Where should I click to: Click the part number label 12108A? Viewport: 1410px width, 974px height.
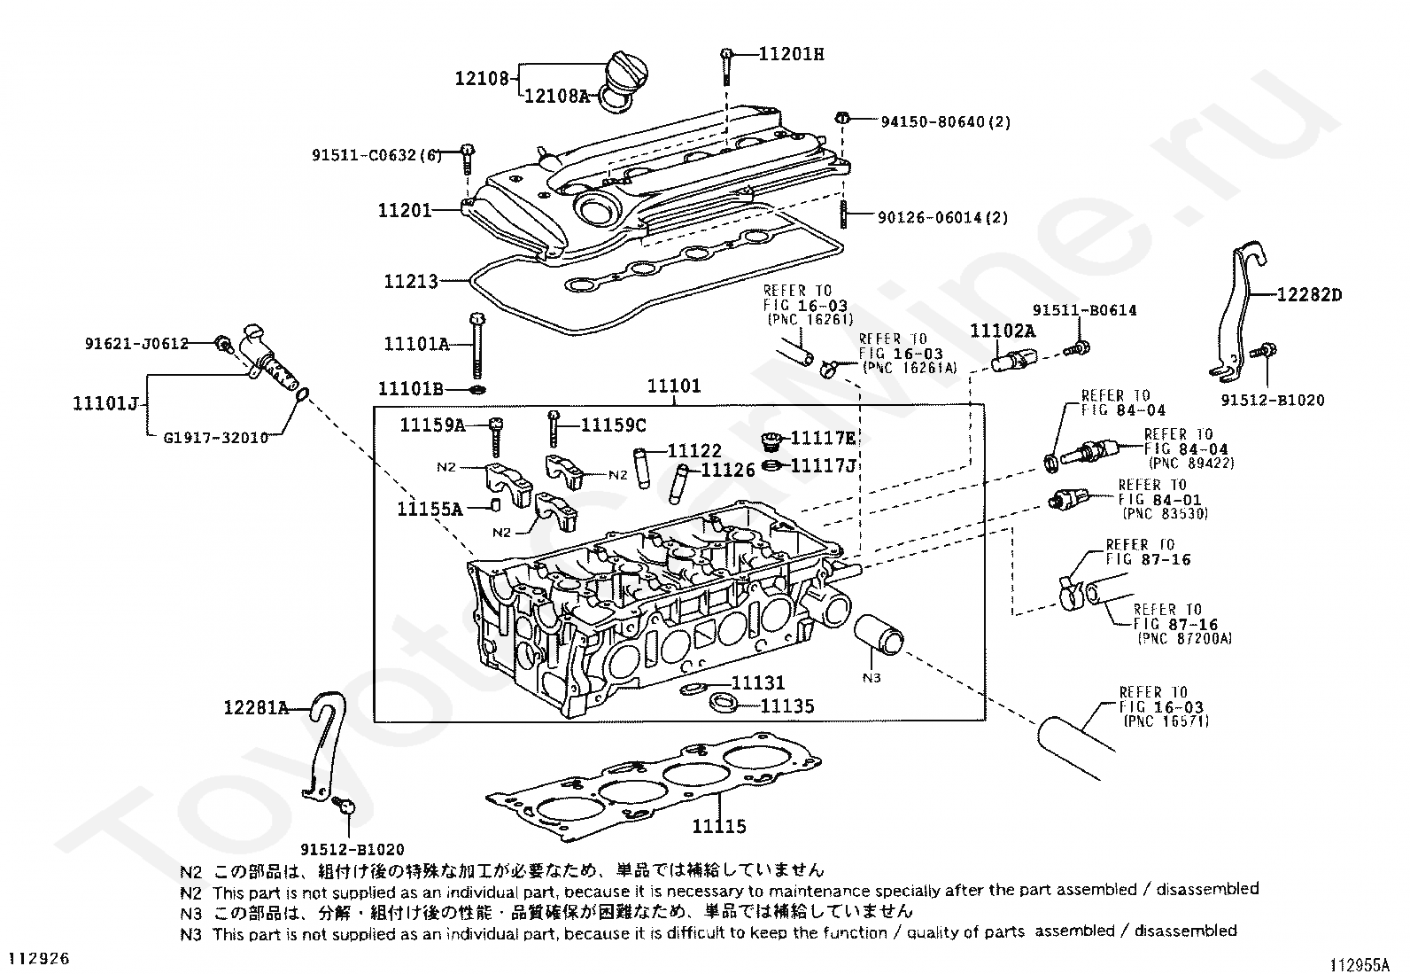pos(556,96)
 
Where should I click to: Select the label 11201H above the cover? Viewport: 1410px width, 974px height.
pos(791,54)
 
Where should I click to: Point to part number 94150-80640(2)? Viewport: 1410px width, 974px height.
pos(945,121)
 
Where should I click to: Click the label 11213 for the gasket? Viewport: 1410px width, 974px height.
pos(411,282)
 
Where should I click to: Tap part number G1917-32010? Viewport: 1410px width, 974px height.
pos(216,437)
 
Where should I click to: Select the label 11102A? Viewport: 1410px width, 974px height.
pos(1003,331)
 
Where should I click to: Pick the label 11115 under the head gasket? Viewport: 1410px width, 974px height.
pos(719,827)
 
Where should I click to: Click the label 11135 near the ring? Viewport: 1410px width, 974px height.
pos(787,706)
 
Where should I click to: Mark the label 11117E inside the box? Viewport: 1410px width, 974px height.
pos(823,438)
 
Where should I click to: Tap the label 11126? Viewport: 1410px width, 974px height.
pos(728,471)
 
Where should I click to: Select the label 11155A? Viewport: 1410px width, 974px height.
pos(430,509)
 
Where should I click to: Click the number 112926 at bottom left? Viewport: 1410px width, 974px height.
pos(38,958)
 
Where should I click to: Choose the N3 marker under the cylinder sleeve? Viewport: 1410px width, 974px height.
pos(872,678)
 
